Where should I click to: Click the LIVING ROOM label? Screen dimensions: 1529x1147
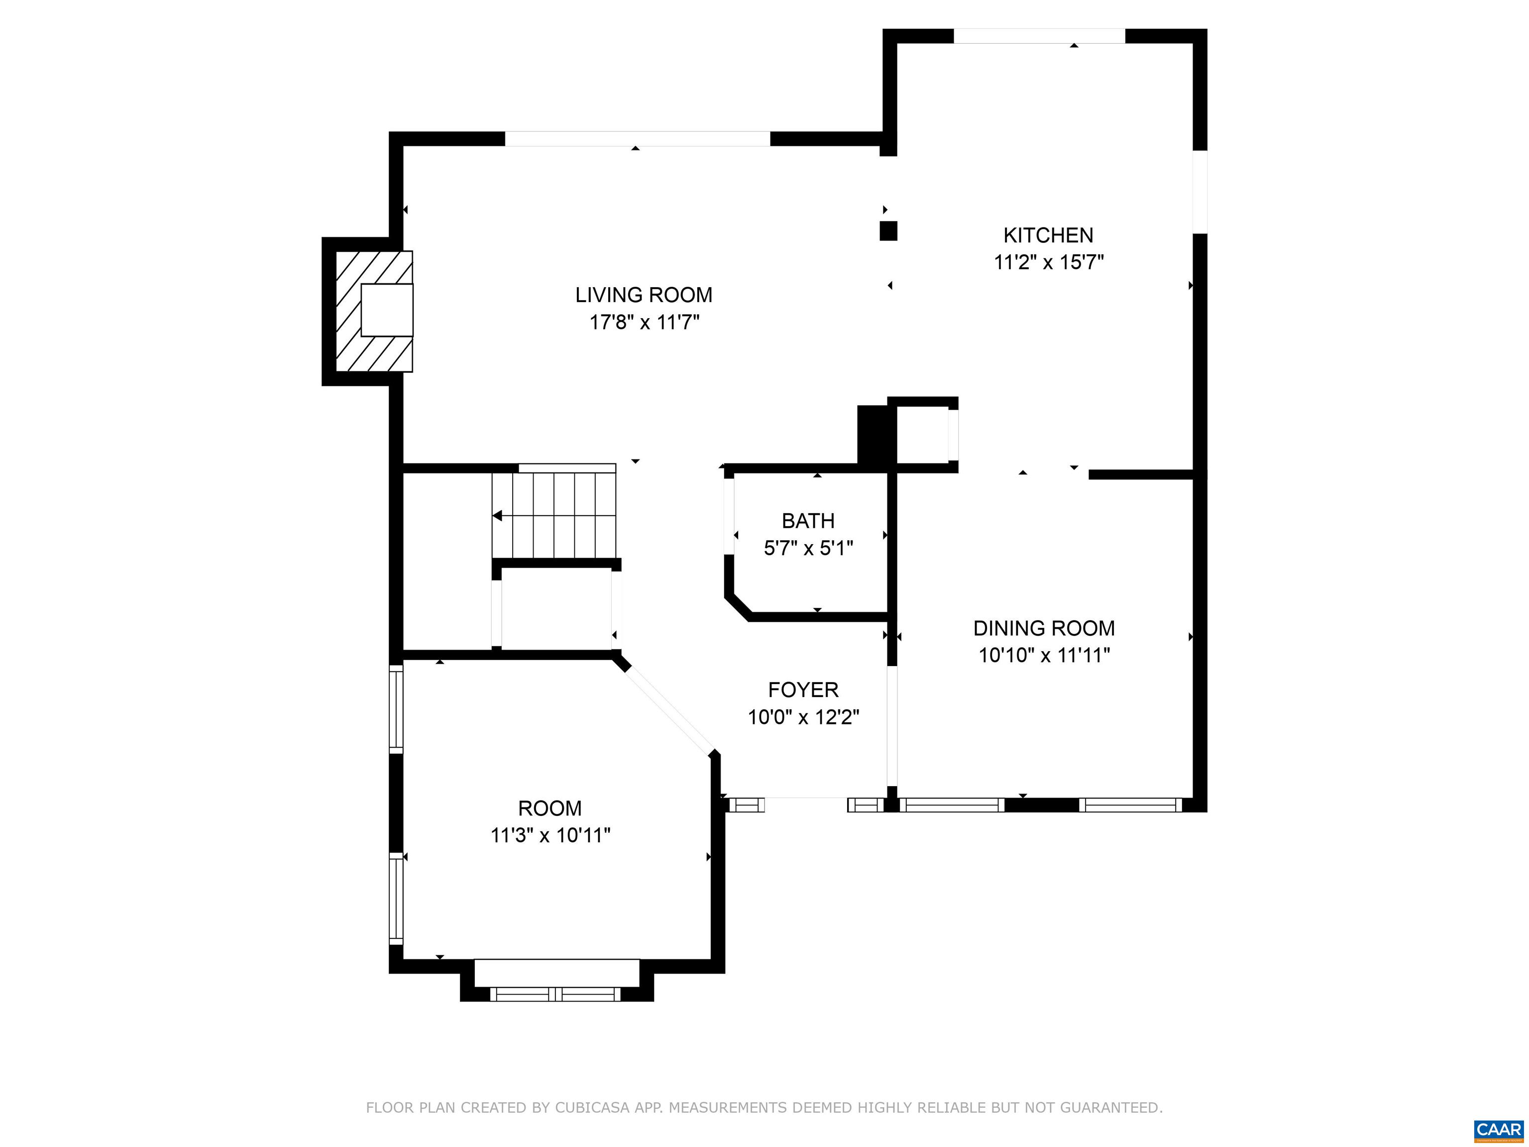point(644,295)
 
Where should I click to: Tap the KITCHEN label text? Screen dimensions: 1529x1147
point(1048,236)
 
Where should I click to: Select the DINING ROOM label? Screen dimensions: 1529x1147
point(1044,628)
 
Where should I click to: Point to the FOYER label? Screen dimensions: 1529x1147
point(803,690)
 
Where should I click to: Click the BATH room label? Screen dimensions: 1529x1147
point(808,521)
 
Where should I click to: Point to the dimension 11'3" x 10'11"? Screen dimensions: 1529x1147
point(550,836)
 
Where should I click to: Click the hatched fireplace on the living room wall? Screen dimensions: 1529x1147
point(374,311)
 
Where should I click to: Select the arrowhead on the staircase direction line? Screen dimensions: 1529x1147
point(497,516)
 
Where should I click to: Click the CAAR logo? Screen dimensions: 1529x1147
point(1498,1129)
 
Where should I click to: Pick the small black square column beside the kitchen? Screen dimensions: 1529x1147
point(888,231)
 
